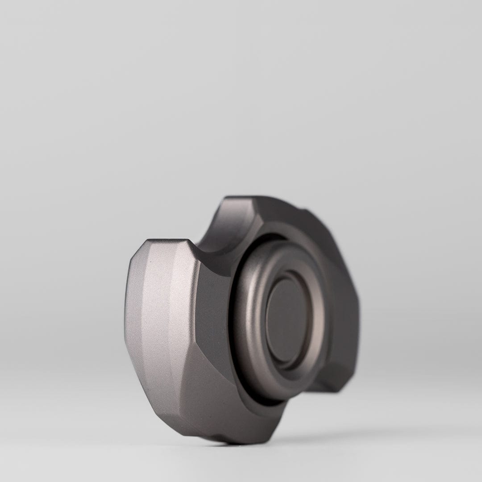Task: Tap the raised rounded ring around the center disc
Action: coord(250,308)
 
